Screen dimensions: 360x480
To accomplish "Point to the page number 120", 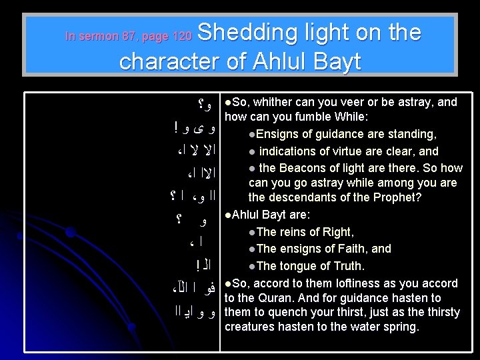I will tap(181, 36).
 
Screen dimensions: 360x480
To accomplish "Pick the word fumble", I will tap(318, 117).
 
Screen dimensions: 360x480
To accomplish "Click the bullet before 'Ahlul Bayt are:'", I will tap(228, 215).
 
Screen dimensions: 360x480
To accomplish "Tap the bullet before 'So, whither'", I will tap(228, 102).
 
